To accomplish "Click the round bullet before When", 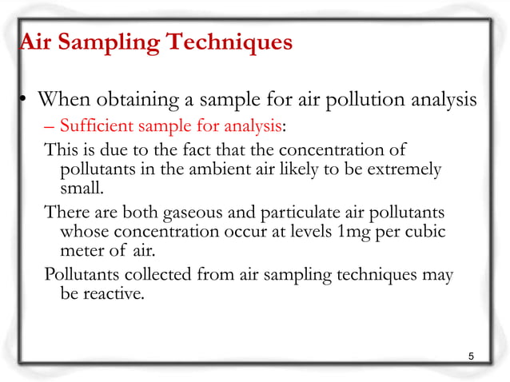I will [x=24, y=100].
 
